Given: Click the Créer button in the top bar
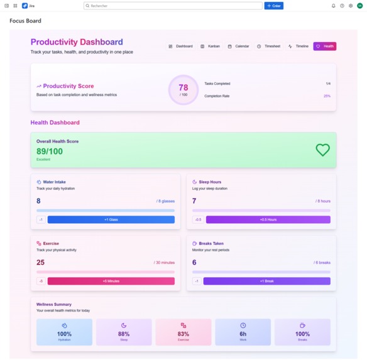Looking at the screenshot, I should (273, 6).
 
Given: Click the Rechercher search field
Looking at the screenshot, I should (173, 6).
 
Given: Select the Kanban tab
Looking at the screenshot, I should (210, 46).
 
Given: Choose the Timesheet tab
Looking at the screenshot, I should (268, 46).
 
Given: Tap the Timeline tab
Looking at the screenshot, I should (298, 46).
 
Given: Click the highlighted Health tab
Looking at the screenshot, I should (325, 46).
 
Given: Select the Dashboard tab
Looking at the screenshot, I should (180, 46).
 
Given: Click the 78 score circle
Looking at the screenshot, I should (183, 90).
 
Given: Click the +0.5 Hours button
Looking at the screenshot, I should (268, 220).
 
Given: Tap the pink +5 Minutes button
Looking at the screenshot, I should (111, 281).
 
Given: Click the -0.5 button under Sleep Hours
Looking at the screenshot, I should (198, 220).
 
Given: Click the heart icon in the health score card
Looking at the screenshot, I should (322, 150).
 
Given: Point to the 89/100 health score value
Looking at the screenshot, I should (50, 151).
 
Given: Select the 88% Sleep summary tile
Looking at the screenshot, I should (124, 332).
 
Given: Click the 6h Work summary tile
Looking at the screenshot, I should (243, 332).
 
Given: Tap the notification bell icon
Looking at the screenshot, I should (334, 6).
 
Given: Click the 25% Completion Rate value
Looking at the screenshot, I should (327, 96).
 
